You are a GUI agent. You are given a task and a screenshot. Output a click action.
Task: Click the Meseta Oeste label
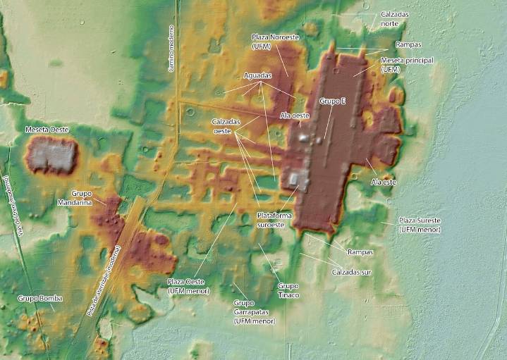(47, 130)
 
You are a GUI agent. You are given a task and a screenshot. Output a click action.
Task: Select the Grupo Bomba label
(41, 299)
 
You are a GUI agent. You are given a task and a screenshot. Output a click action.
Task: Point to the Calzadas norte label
(396, 18)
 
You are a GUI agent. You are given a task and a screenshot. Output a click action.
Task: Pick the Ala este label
(384, 182)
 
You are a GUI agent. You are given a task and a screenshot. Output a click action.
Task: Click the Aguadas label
(257, 75)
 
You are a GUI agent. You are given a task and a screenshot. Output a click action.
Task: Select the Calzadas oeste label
(226, 126)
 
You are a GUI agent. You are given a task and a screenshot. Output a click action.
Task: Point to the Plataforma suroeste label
(271, 220)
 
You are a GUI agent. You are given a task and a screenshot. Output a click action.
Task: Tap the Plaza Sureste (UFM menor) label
(420, 225)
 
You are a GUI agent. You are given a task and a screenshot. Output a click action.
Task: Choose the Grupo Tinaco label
(288, 290)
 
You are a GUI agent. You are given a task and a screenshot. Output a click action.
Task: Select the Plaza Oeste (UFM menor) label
(188, 285)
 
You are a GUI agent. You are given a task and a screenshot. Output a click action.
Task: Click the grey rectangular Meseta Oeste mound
(51, 156)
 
